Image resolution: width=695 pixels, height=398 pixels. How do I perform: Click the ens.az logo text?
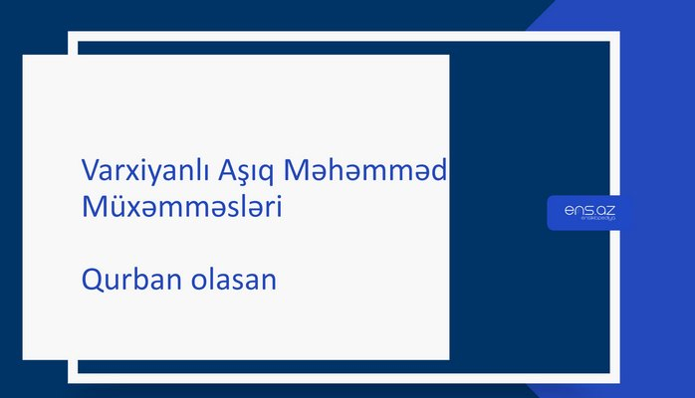click(x=589, y=209)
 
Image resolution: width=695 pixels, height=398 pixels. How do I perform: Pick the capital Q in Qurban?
click(x=91, y=282)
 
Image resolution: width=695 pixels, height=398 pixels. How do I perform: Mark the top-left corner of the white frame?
click(x=72, y=35)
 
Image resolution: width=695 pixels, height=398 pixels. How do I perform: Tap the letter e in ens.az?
click(x=569, y=209)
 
